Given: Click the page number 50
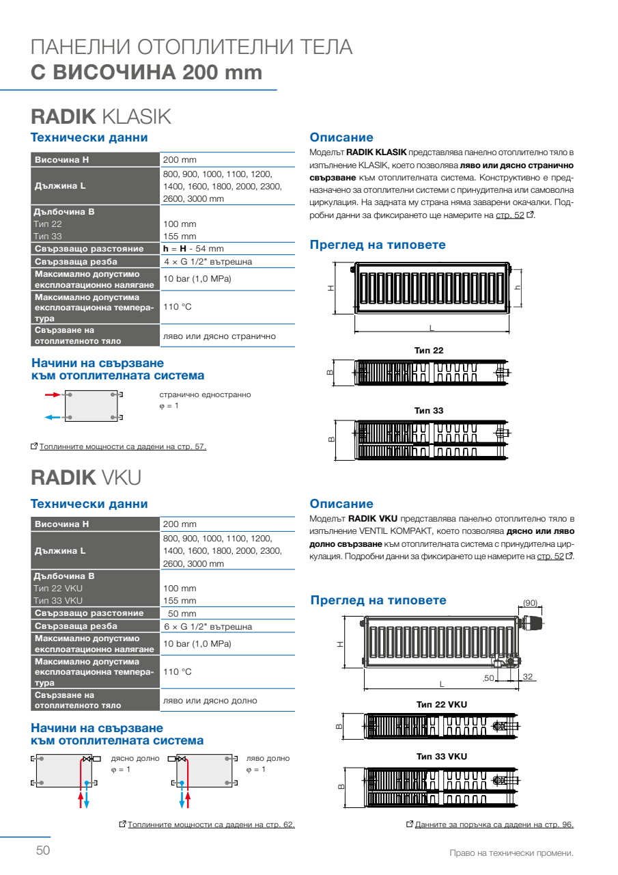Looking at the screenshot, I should tap(43, 850).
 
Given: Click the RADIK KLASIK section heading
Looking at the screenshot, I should tap(100, 116).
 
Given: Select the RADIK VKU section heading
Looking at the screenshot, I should tap(85, 476).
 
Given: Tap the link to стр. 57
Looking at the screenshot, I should tap(123, 447).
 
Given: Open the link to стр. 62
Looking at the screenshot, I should tap(211, 824).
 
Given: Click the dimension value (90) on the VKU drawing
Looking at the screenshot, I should tap(530, 602).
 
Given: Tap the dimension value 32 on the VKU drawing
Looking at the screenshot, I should tap(527, 676).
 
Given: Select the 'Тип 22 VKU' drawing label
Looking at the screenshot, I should tap(441, 703).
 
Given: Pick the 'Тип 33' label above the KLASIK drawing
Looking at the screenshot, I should tap(429, 410).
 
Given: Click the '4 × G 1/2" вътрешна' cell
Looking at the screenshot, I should tap(208, 262).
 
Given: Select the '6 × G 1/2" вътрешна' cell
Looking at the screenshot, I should tap(208, 626).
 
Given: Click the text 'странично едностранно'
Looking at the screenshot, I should tap(205, 394).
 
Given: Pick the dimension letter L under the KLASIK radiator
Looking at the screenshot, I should tap(432, 327).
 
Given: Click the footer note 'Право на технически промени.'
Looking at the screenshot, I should tap(511, 853).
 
